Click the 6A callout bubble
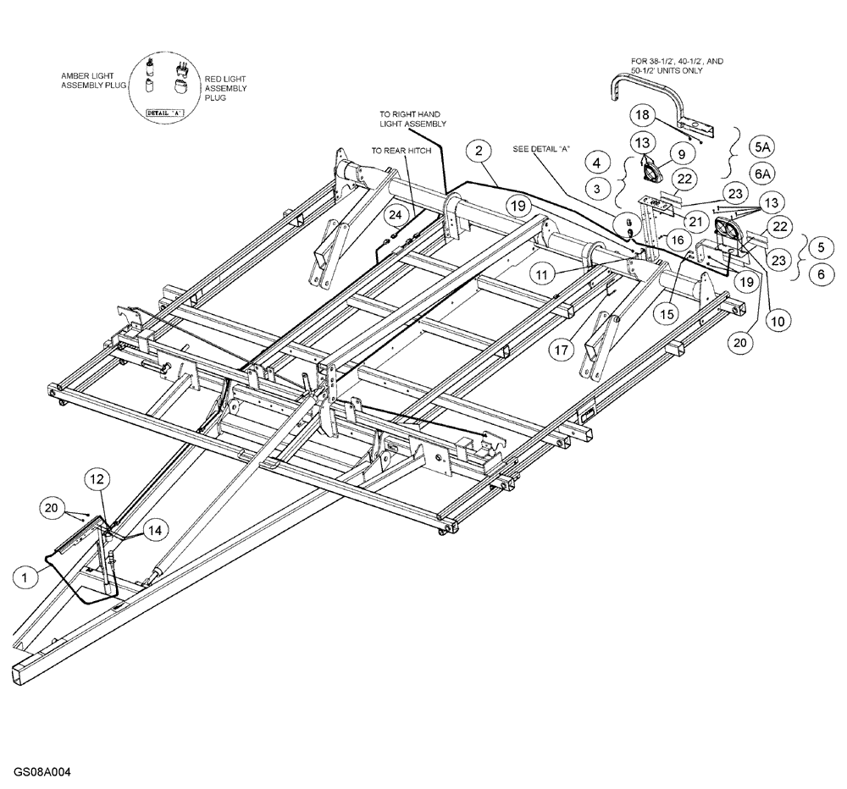tap(762, 174)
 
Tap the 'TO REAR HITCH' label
tap(401, 150)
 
